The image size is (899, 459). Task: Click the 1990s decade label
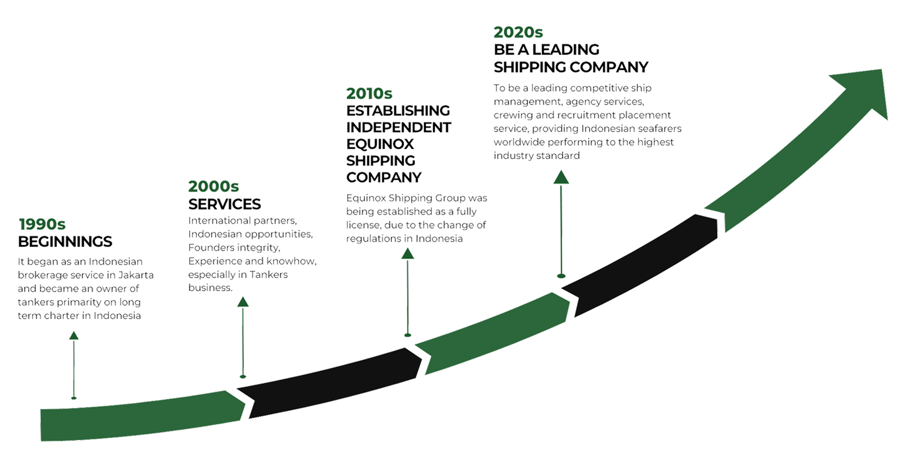[x=42, y=224]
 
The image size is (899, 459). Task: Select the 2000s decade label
[x=213, y=186]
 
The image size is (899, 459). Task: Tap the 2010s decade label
[x=369, y=93]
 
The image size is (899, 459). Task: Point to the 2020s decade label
[x=518, y=32]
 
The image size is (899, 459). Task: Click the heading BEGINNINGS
[x=66, y=242]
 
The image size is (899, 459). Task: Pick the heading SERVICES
[x=225, y=203]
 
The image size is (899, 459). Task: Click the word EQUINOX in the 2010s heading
[x=380, y=144]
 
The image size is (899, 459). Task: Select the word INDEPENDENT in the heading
[x=399, y=127]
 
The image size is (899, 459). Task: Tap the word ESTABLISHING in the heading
[x=399, y=110]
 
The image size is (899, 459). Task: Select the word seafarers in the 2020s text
[x=660, y=129]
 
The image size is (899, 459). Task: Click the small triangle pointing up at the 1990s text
[x=74, y=335]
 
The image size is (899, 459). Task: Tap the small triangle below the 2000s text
[x=243, y=302]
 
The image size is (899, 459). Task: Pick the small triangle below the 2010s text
[x=408, y=253]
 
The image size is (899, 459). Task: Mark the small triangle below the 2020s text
[x=561, y=178]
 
